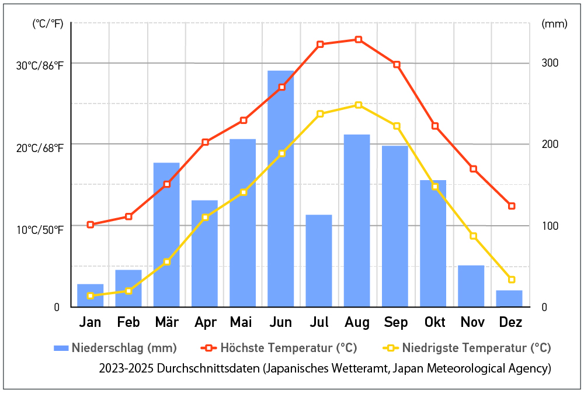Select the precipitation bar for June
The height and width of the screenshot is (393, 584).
click(280, 189)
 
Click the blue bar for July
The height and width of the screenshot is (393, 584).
click(319, 261)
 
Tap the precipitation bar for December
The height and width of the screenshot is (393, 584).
click(509, 298)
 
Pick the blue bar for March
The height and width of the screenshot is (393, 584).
click(166, 235)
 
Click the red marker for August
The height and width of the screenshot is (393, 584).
click(359, 40)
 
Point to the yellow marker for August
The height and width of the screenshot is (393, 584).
click(359, 105)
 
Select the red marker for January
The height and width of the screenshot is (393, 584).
click(90, 225)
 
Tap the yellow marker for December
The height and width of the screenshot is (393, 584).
click(512, 280)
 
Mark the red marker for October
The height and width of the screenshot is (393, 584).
click(435, 126)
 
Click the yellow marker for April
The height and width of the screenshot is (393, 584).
click(205, 218)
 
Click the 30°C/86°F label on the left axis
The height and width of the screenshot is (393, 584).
click(40, 65)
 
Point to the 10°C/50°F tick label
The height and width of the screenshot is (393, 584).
click(40, 230)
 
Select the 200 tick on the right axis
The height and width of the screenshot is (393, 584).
click(550, 144)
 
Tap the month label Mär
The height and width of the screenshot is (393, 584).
click(167, 322)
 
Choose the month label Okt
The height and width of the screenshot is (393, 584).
click(434, 322)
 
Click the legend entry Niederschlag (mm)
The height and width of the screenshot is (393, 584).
click(115, 348)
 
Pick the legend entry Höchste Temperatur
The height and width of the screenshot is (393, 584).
click(279, 348)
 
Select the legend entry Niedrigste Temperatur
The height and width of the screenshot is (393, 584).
click(467, 348)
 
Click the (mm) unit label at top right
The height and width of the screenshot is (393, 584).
click(554, 24)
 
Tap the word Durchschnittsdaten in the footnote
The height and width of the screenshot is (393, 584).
click(208, 368)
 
